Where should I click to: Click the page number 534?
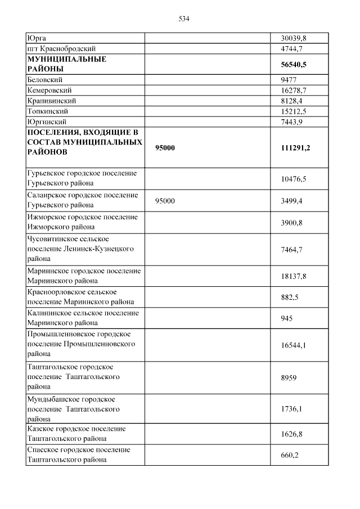pyautogui.click(x=184, y=19)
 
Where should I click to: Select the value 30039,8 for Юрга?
pyautogui.click(x=293, y=38)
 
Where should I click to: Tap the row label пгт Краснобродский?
pyautogui.click(x=61, y=48)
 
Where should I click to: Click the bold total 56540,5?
pyautogui.click(x=293, y=65)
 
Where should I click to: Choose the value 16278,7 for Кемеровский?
pyautogui.click(x=293, y=91)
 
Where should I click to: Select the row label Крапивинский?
pyautogui.click(x=51, y=101)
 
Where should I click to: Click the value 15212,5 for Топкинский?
pyautogui.click(x=293, y=111)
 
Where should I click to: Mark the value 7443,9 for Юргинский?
pyautogui.click(x=292, y=121)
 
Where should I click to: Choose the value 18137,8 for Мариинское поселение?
pyautogui.click(x=293, y=276)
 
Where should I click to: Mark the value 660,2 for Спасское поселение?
pyautogui.click(x=290, y=455)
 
